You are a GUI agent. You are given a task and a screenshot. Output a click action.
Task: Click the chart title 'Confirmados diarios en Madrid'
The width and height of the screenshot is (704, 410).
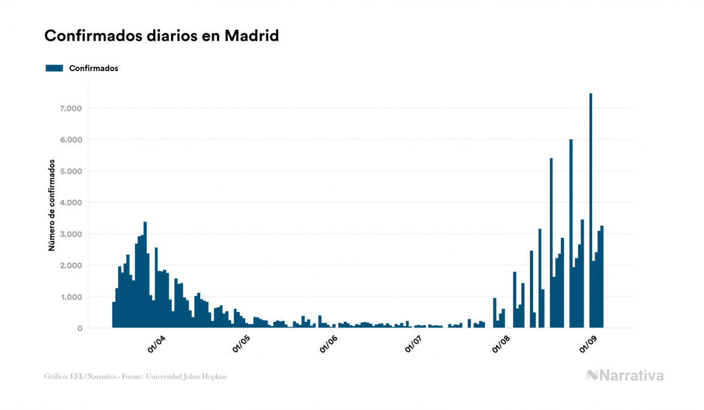(x=162, y=36)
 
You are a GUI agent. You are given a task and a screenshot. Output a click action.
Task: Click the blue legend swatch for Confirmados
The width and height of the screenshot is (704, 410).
(x=54, y=68)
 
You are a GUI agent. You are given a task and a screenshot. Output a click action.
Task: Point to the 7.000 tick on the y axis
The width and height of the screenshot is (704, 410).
(x=69, y=108)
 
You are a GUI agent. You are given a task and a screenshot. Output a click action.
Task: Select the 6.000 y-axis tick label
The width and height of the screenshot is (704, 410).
(x=69, y=140)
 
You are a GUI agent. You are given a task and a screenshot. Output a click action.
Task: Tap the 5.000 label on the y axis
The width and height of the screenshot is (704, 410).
(x=69, y=172)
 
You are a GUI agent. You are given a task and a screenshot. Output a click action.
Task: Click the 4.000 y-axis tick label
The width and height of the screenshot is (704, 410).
(x=69, y=203)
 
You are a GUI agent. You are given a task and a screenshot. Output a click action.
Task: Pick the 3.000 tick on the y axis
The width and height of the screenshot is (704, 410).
(x=69, y=234)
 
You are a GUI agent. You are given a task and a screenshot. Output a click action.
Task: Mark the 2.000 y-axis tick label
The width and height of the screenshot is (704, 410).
(x=69, y=266)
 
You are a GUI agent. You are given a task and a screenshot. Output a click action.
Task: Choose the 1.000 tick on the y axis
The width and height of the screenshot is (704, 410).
(x=69, y=297)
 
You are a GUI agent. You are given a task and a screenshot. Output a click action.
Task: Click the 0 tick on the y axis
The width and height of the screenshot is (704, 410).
(x=80, y=328)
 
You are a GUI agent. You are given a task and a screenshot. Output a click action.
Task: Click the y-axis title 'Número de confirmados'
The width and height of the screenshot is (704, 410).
(x=53, y=206)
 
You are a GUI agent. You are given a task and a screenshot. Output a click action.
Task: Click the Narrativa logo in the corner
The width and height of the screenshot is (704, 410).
(x=625, y=375)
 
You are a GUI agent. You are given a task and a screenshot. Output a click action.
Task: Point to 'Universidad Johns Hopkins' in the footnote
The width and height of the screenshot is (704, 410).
(x=196, y=377)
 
